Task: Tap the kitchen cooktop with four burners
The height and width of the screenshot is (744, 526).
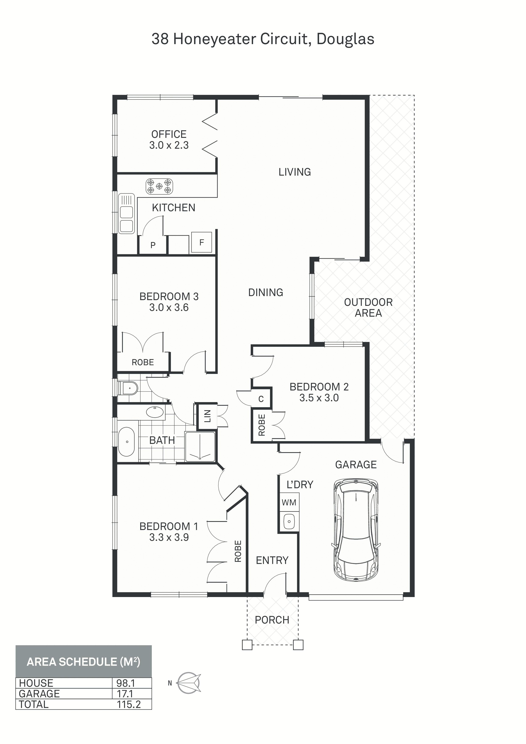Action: pyautogui.click(x=159, y=186)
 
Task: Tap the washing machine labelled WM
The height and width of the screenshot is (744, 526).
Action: pyautogui.click(x=289, y=503)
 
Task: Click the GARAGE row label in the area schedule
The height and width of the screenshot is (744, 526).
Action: pyautogui.click(x=39, y=694)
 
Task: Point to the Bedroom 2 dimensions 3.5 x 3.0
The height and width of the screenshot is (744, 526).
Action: pyautogui.click(x=319, y=398)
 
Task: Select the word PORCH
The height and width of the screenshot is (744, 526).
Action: pyautogui.click(x=272, y=620)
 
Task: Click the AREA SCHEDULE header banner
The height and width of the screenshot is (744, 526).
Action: pyautogui.click(x=84, y=661)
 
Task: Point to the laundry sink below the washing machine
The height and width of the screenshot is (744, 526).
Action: pyautogui.click(x=289, y=521)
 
